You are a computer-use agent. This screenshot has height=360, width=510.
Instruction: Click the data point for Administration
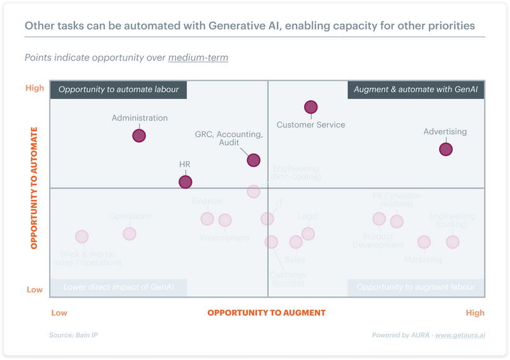(139, 135)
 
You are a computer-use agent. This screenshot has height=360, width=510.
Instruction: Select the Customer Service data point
(310, 107)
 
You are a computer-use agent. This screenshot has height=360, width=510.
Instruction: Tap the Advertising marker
(446, 149)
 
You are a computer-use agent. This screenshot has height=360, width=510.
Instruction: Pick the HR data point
(185, 182)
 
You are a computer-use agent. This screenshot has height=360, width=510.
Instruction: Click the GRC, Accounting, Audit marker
(253, 160)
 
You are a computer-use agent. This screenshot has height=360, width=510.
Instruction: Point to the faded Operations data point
(129, 233)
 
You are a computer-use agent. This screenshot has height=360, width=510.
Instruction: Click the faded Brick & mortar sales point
(82, 236)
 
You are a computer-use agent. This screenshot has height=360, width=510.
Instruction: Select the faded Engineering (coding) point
(453, 241)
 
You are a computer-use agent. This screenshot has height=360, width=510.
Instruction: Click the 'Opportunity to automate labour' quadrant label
(119, 90)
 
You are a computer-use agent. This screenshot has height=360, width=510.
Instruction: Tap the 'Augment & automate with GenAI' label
(416, 90)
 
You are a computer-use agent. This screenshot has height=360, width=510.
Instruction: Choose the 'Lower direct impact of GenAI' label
(119, 287)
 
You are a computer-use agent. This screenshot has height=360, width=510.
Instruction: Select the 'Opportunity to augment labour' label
(416, 287)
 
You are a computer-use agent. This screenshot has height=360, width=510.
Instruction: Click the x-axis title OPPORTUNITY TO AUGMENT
(266, 313)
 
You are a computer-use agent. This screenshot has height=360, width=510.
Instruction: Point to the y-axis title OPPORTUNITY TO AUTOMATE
(34, 187)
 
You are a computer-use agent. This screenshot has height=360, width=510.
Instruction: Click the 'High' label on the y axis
(34, 88)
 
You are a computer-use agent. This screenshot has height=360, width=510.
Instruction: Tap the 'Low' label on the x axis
(59, 313)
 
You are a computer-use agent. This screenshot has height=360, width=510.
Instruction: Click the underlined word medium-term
(198, 58)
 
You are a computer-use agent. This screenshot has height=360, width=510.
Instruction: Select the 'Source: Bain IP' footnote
(74, 335)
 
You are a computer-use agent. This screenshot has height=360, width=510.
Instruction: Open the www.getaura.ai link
(460, 335)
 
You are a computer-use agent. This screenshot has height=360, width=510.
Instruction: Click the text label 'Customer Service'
(310, 125)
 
